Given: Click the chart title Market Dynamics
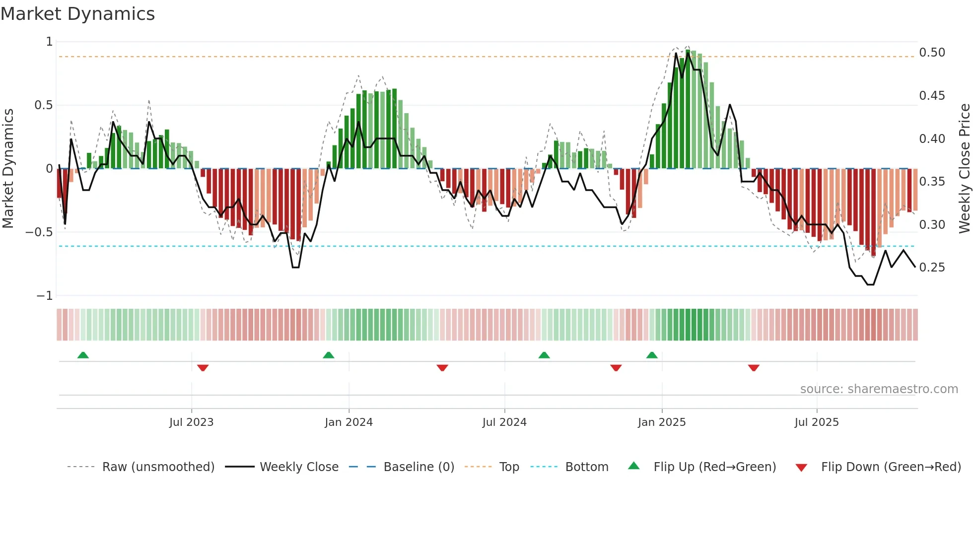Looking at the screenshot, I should (x=77, y=14).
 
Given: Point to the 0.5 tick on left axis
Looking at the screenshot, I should (x=44, y=105).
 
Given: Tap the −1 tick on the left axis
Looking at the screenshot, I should (x=45, y=296).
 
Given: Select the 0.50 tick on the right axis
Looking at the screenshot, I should (x=932, y=53).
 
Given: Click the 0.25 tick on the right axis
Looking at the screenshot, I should (x=932, y=268).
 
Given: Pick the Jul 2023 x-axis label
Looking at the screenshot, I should (x=191, y=422).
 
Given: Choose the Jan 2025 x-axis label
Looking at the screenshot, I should (x=661, y=422).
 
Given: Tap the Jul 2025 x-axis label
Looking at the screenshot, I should (x=816, y=422).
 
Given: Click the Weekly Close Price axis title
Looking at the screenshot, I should (x=964, y=168).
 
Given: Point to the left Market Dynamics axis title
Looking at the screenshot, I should (x=8, y=168).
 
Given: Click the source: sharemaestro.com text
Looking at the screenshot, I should (x=879, y=389).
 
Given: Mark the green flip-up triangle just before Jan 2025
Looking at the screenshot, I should (x=652, y=355).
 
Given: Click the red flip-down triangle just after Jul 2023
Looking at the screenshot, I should (x=203, y=368).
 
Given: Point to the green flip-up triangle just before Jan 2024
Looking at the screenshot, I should (x=328, y=355).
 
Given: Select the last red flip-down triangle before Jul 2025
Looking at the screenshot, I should (x=754, y=368).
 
